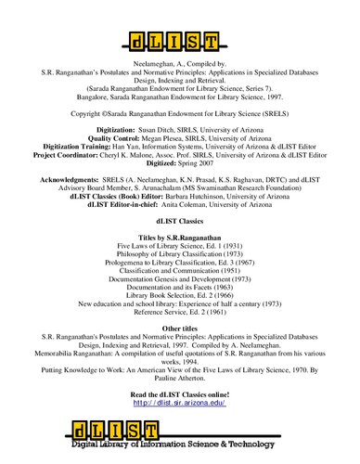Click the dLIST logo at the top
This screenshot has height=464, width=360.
click(179, 42)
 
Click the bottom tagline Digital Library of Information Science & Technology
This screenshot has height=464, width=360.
click(199, 455)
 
